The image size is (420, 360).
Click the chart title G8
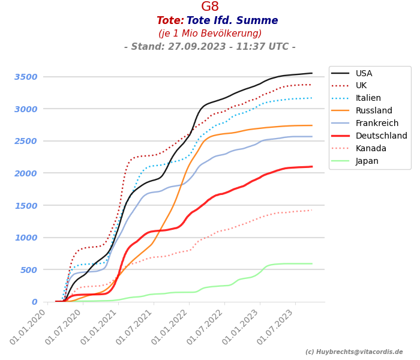pyautogui.click(x=210, y=7)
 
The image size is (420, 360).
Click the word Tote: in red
pyautogui.click(x=170, y=21)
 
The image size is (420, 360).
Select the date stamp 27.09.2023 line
pyautogui.click(x=210, y=47)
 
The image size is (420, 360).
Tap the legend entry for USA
pyautogui.click(x=364, y=73)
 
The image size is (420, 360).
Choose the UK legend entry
pyautogui.click(x=362, y=86)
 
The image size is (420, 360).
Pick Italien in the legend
pyautogui.click(x=368, y=98)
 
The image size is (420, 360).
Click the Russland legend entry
pyautogui.click(x=374, y=111)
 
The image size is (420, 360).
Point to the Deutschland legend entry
pyautogui.click(x=381, y=136)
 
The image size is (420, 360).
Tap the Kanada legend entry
pyautogui.click(x=371, y=149)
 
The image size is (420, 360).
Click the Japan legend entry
pyautogui.click(x=367, y=161)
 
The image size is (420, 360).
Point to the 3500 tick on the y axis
pyautogui.click(x=26, y=77)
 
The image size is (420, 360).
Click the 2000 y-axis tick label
pyautogui.click(x=26, y=173)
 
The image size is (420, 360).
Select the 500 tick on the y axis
pyautogui.click(x=29, y=270)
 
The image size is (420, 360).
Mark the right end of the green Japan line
pyautogui.click(x=312, y=263)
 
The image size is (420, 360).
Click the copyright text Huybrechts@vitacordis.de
pyautogui.click(x=354, y=352)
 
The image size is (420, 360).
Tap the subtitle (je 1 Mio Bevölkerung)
pyautogui.click(x=210, y=34)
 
